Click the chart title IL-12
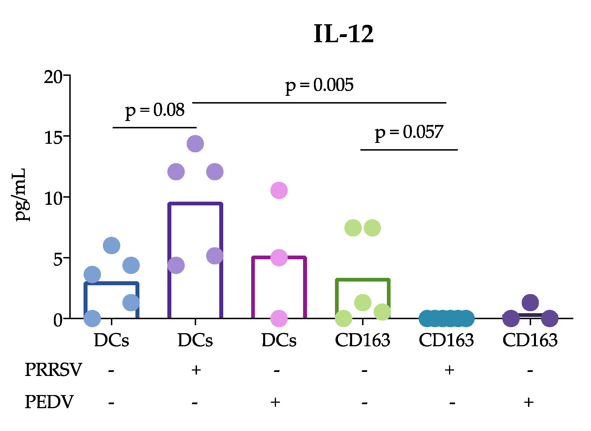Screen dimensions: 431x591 coord(343,34)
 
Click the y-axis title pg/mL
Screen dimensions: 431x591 coord(21,195)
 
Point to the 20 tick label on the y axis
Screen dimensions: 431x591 coord(53,77)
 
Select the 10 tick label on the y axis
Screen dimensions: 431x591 coord(53,199)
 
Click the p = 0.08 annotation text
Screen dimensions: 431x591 coord(155,110)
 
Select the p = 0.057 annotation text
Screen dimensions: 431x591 coord(409,132)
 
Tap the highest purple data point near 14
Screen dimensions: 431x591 coord(195,144)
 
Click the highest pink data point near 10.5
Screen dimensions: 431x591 coord(279,190)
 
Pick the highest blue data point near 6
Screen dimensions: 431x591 coord(111,245)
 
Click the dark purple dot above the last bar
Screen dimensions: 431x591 coord(530,302)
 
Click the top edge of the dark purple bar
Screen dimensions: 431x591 coord(195,204)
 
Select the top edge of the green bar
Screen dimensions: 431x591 coord(363,280)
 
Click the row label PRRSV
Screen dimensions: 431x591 coord(53,370)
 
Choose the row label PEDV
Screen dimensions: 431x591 coord(49,402)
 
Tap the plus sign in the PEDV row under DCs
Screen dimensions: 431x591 coord(275,402)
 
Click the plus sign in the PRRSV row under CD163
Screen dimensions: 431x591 coord(450,370)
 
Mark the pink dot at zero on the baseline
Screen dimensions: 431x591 coord(279,318)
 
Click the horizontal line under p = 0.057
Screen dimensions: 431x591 coord(409,149)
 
